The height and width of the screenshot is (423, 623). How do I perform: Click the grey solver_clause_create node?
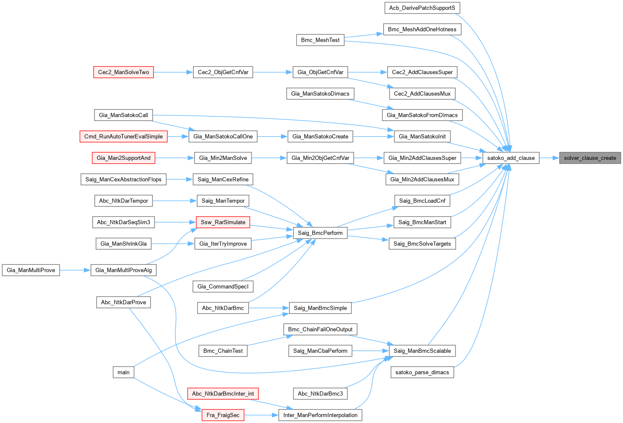590,158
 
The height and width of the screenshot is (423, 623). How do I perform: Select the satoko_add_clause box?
511,158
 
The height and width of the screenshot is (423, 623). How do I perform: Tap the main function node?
123,372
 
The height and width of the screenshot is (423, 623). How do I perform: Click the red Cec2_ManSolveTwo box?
123,72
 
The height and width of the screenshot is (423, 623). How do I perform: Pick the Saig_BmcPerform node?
320,233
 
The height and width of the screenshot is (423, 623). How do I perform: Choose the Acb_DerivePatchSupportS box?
422,8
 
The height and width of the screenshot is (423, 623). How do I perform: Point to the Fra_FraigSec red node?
223,415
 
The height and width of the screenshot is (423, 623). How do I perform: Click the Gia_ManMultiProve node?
31,270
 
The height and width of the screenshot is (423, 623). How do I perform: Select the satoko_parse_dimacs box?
422,373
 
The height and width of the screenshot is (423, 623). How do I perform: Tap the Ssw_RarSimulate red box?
223,222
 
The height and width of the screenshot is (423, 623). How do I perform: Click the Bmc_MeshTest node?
320,40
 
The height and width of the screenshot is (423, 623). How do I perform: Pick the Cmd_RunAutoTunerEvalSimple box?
123,137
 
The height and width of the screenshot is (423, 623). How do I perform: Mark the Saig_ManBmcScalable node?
422,351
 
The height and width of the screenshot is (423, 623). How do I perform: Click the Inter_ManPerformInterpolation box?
320,415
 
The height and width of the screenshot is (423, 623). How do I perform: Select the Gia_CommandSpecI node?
223,287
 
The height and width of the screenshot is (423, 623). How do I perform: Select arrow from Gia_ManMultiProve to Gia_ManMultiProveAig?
75,270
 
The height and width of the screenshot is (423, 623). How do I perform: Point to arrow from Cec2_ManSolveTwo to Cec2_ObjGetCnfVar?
173,72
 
